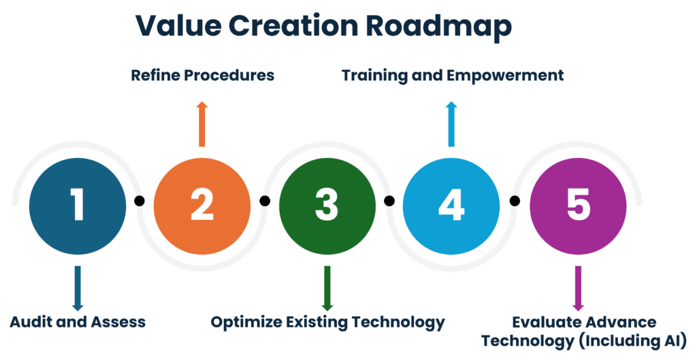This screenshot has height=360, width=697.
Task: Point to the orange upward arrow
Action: pos(201,124)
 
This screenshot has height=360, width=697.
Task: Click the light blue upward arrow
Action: pos(451,124)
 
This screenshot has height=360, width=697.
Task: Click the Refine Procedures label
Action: pos(202,75)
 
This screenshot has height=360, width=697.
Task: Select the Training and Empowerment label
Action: pos(453,75)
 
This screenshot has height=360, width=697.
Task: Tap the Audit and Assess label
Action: pos(78,322)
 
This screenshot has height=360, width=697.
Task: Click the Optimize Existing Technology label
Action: pos(327,322)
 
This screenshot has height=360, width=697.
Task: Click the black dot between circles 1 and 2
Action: pos(140,201)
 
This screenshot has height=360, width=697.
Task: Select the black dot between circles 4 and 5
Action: pos(515,201)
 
